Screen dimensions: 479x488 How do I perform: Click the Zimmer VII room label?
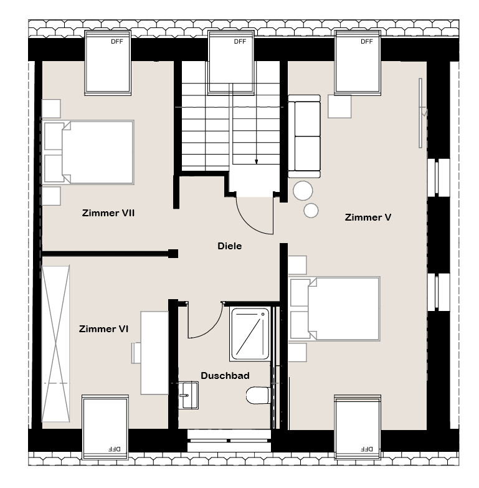tap(108, 213)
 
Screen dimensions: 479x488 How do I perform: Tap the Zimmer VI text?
tap(103, 329)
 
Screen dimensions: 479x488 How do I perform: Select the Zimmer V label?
tap(368, 218)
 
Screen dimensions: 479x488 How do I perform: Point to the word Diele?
tap(230, 246)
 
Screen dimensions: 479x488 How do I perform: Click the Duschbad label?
tap(225, 376)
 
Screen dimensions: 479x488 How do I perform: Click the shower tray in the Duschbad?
tap(250, 333)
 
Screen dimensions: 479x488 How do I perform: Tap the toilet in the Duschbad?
tap(258, 395)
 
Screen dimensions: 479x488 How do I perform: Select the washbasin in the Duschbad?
tap(189, 395)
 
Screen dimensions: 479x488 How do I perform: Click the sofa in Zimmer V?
tap(304, 136)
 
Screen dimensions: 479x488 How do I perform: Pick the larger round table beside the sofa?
tap(303, 191)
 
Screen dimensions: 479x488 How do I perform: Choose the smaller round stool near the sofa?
tap(311, 211)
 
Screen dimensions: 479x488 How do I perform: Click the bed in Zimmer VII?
tap(88, 153)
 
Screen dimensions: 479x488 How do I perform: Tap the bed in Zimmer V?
tap(334, 309)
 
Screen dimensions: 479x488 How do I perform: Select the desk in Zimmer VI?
tap(154, 353)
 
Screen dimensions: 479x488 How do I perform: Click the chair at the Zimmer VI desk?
tap(136, 353)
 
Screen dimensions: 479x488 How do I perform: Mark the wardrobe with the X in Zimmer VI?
tap(55, 344)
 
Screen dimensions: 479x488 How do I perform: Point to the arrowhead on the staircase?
tap(256, 161)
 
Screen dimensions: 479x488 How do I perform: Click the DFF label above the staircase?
tap(240, 41)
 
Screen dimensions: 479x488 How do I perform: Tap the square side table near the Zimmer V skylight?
tap(339, 107)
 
